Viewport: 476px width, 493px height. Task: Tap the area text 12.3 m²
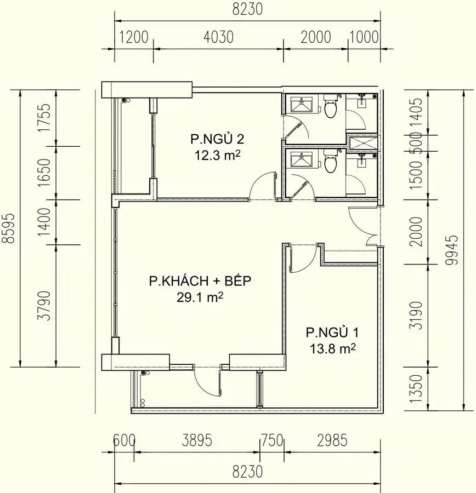click(218, 155)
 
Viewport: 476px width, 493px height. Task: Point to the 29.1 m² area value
click(199, 298)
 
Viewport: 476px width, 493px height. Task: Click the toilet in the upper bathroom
click(330, 107)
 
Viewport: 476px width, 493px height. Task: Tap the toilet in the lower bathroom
click(330, 162)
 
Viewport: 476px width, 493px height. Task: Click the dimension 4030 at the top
click(218, 37)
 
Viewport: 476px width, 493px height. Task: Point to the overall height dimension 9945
click(451, 250)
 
